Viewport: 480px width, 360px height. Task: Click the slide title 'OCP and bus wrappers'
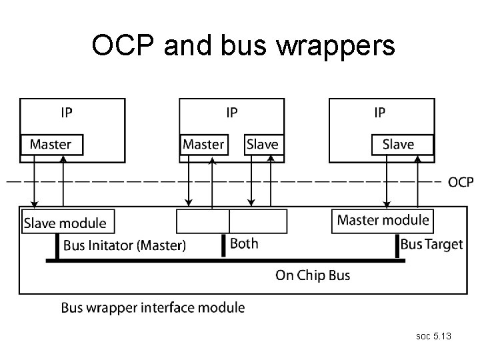(243, 46)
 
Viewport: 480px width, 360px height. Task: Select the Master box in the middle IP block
(203, 144)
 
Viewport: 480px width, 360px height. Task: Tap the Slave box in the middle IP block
(262, 144)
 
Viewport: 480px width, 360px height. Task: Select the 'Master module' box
(383, 220)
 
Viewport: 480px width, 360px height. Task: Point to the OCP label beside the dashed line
(461, 182)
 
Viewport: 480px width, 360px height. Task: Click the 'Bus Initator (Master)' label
(125, 245)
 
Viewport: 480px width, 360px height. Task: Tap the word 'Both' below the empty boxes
(244, 243)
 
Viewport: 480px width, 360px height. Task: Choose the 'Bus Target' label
(431, 244)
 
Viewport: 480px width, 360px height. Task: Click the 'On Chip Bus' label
(313, 275)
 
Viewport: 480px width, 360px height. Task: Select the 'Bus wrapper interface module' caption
(153, 308)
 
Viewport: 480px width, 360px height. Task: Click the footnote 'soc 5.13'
(433, 337)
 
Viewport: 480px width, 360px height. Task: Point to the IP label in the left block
(67, 112)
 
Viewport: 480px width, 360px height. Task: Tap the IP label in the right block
(379, 112)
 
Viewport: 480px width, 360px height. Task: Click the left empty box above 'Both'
(203, 221)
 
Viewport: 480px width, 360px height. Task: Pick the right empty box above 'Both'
(258, 221)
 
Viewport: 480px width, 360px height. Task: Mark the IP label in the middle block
(231, 112)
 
